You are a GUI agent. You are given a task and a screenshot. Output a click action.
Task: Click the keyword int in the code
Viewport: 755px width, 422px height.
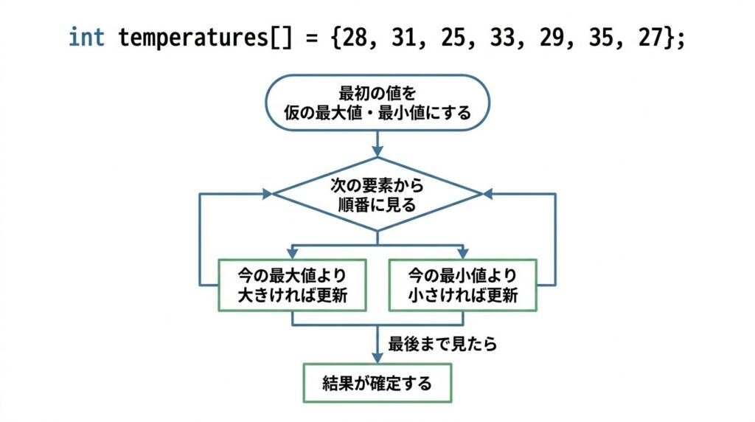click(86, 38)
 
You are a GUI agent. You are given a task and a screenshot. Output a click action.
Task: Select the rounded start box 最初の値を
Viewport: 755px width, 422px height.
click(377, 103)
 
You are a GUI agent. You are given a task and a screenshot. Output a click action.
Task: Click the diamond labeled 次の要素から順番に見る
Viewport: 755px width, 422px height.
click(377, 194)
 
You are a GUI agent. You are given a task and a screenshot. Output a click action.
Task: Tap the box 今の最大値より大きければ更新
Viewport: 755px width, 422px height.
click(293, 285)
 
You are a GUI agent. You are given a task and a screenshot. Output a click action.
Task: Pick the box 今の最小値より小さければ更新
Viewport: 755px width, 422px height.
click(463, 285)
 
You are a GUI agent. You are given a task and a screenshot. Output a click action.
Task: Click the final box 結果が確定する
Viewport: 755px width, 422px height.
click(377, 383)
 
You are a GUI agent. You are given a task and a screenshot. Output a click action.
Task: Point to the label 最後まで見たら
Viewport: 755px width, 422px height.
click(443, 344)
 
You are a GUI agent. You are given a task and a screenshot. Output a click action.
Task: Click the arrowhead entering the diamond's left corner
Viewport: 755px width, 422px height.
click(267, 194)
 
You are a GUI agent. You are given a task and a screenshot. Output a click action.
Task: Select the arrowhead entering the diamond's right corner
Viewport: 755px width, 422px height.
click(488, 194)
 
